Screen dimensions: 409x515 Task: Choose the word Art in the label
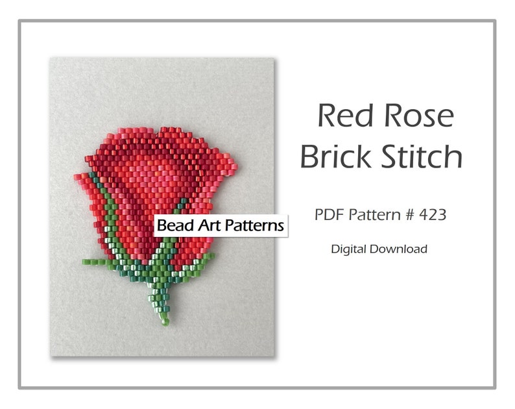pyautogui.click(x=204, y=226)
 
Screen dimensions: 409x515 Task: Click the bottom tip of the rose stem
pyautogui.click(x=165, y=321)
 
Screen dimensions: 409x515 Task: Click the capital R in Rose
pyautogui.click(x=395, y=116)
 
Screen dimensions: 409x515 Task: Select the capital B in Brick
pyautogui.click(x=311, y=156)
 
